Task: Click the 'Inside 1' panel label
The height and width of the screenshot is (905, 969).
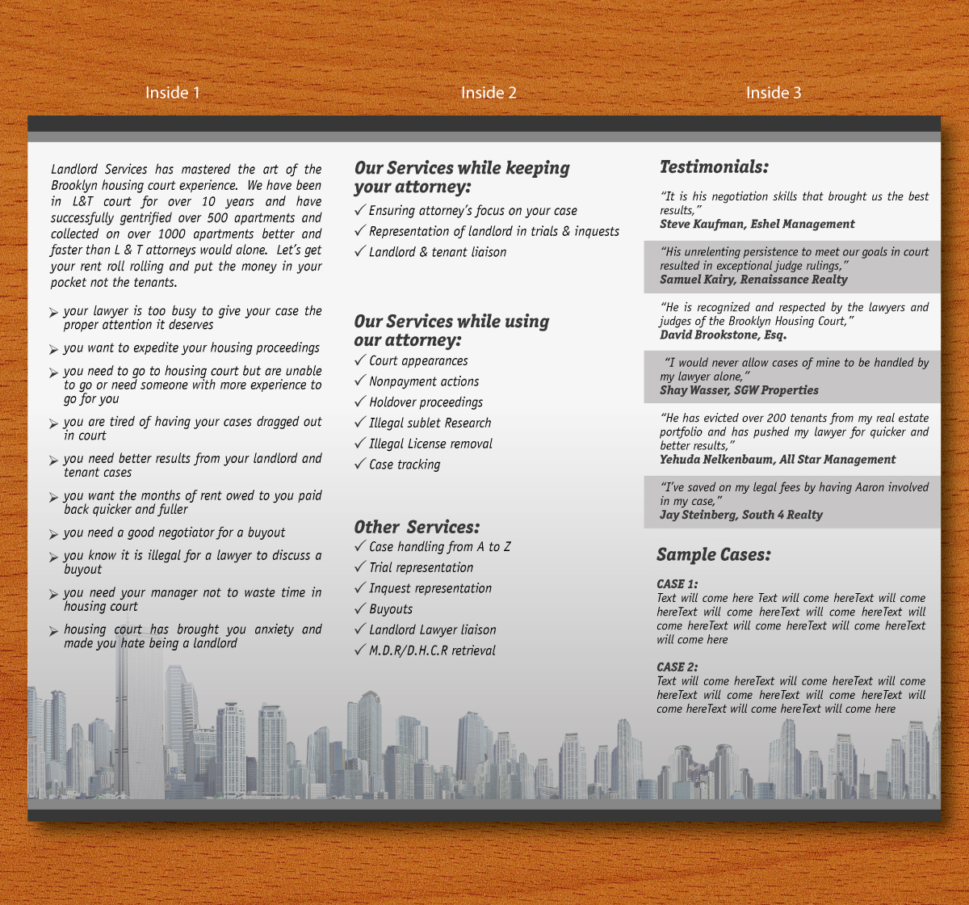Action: (172, 93)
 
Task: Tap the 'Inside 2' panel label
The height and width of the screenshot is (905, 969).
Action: (489, 93)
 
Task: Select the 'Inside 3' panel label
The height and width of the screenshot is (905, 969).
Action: (774, 93)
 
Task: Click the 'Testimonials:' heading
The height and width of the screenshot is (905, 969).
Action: (714, 167)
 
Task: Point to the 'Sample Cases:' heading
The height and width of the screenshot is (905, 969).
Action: (713, 554)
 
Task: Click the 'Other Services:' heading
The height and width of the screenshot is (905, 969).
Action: (417, 527)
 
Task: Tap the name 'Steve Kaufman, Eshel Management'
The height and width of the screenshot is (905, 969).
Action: (757, 224)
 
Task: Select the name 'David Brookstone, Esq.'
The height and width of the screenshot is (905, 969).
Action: (723, 335)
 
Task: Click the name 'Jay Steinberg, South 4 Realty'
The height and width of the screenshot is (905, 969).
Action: (740, 515)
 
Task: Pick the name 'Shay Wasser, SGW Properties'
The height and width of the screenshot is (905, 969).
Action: (739, 390)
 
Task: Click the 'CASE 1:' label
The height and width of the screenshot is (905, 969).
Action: (677, 583)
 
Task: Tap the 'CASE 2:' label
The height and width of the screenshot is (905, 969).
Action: (677, 667)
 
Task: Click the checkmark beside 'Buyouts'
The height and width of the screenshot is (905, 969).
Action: (360, 608)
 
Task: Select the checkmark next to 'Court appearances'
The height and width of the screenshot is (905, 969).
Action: (360, 360)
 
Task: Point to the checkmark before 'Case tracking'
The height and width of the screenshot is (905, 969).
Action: (360, 464)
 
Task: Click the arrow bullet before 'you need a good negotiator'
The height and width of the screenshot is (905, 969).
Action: (53, 534)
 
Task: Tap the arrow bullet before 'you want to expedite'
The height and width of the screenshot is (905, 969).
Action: (53, 349)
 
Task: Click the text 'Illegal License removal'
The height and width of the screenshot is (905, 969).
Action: (430, 444)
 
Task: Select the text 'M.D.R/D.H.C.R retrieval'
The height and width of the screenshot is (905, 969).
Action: (432, 650)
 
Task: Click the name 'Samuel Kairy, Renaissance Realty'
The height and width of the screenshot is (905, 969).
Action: (753, 280)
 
